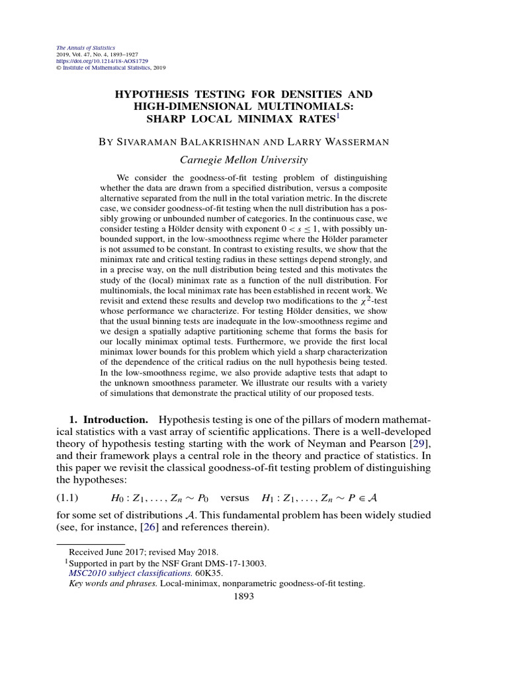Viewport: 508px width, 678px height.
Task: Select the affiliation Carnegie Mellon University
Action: [x=244, y=160]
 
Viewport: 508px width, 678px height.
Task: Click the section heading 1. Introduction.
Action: [x=108, y=420]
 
